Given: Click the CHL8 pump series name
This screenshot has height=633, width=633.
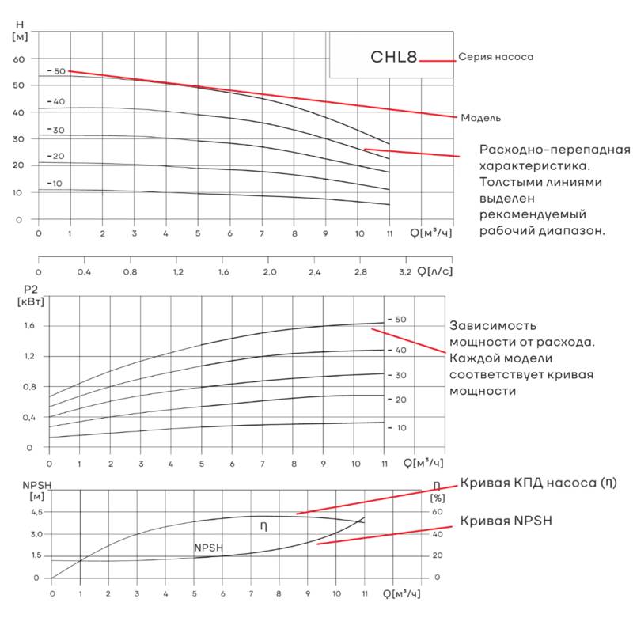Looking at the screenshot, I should tap(394, 58).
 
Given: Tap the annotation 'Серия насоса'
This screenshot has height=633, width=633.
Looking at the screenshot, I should tap(496, 57).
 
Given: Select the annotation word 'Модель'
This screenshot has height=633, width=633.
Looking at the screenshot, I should tap(481, 118).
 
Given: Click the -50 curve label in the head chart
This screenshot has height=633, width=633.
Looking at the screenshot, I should tap(56, 71).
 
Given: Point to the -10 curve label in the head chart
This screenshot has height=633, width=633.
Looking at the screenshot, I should tap(55, 184).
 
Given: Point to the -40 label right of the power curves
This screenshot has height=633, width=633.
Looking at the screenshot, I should tap(396, 350).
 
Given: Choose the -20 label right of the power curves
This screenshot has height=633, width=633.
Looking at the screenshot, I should tap(396, 400).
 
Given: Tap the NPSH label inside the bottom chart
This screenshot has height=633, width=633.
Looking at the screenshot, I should tap(209, 548).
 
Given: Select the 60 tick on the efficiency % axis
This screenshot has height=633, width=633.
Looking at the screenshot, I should tap(437, 513).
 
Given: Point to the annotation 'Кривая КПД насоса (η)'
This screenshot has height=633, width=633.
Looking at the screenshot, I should tap(537, 483).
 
